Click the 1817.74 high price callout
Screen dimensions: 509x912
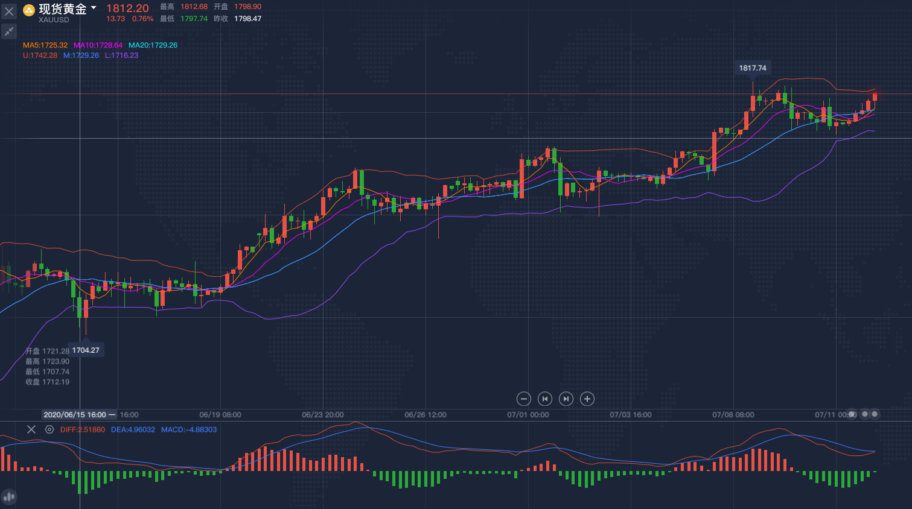tap(752, 68)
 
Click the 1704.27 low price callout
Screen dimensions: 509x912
tap(86, 350)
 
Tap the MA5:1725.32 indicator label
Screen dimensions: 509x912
tap(45, 45)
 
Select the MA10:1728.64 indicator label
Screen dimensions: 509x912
tap(98, 45)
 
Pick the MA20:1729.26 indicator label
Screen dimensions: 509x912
tap(153, 45)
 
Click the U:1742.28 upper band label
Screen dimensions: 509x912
tap(40, 55)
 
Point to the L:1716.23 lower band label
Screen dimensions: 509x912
tap(121, 55)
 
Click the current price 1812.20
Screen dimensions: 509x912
tap(127, 8)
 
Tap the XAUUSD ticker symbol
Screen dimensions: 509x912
tap(54, 20)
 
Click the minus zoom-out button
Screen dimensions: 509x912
tap(524, 399)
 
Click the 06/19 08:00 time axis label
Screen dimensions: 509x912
tap(220, 415)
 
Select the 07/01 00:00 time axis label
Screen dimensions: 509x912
tap(528, 415)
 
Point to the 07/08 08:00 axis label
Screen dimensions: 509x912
tap(733, 415)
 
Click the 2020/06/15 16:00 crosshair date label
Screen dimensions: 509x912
tap(75, 415)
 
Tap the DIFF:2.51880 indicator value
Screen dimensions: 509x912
tap(83, 430)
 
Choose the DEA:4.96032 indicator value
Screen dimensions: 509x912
tap(133, 430)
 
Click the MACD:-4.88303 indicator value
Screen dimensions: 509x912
tap(188, 430)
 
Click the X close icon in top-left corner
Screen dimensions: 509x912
tap(9, 11)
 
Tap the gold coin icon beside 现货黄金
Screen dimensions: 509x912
tap(28, 10)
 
